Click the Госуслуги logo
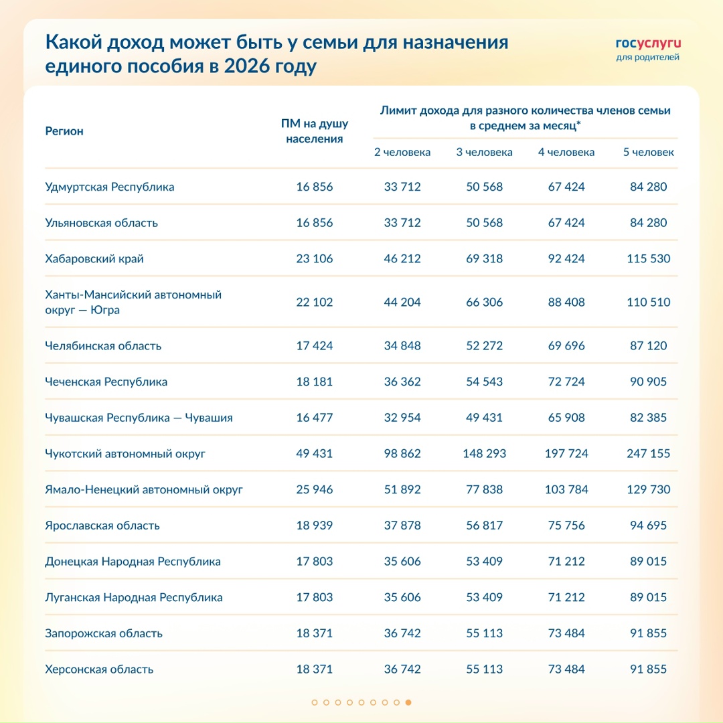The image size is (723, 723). coord(647,49)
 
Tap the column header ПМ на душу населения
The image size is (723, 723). coord(314,131)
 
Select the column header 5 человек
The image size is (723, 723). coord(648,152)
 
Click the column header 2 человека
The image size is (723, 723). coord(402,152)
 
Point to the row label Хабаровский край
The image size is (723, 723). coord(94,258)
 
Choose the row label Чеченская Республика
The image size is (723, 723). coord(106,382)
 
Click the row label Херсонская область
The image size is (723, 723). coord(99,669)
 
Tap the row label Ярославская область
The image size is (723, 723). coord(102,526)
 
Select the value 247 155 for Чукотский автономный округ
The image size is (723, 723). coord(648,453)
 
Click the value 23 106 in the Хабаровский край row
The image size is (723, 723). coord(314,258)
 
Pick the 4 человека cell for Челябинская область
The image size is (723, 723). coord(566,345)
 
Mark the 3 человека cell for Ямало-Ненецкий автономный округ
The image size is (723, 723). coord(484,489)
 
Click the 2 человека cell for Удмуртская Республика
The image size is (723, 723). coord(402,187)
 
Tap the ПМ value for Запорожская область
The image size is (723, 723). coord(314,633)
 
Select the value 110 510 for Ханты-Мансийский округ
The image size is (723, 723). coord(648,302)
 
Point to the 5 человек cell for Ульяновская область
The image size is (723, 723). coord(648,222)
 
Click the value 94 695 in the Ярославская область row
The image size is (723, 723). coord(648,526)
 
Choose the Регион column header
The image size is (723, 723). coord(64,131)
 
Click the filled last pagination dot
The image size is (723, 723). coord(408,702)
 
